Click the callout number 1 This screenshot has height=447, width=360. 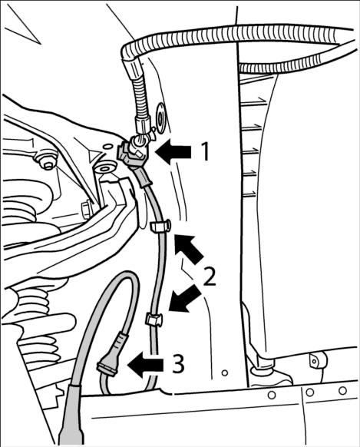(204, 152)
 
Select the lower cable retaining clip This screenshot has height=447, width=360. (154, 318)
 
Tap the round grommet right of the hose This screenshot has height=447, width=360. (162, 115)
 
